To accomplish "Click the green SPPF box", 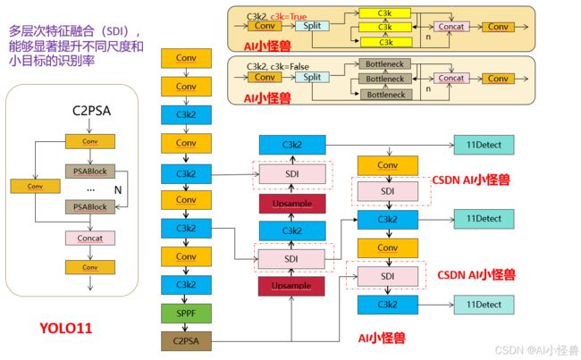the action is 186,314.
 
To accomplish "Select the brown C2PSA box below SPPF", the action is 186,341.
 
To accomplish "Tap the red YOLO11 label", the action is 65,328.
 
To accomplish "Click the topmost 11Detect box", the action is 484,145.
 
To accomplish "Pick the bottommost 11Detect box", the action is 484,305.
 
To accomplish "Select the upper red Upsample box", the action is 292,204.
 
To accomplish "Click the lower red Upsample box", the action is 291,286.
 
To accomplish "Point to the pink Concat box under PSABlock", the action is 90,239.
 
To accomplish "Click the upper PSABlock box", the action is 90,172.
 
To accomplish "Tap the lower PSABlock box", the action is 90,206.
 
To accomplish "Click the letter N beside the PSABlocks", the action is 118,190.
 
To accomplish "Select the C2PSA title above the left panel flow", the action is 91,111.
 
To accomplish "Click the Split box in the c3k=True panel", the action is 312,26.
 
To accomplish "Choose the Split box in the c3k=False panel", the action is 312,77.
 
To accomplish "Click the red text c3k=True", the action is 289,17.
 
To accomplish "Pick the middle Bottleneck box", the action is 385,79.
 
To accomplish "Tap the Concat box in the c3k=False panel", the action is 451,79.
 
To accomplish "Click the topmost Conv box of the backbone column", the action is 186,58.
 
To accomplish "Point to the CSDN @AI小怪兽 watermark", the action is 537,350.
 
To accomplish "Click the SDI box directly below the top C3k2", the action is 292,174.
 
